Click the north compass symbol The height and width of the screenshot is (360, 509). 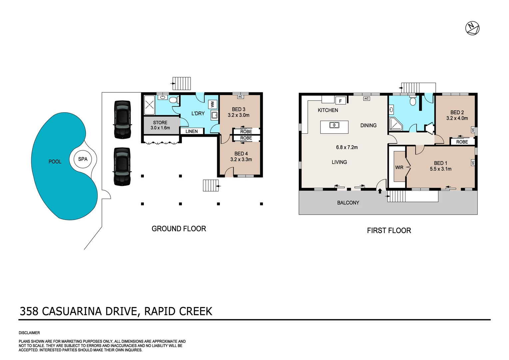[472, 28]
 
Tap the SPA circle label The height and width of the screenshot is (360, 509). [83, 159]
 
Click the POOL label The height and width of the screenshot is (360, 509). [55, 162]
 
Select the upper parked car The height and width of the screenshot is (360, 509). [122, 119]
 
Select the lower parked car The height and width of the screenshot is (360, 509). [122, 166]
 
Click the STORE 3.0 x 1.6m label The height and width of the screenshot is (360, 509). [160, 125]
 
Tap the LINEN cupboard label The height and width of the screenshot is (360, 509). [192, 131]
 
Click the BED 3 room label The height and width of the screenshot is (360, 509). [239, 109]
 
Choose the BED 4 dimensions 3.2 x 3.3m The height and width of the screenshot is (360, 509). [241, 160]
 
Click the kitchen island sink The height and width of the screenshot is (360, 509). [334, 125]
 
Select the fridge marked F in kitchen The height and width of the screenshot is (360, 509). [340, 101]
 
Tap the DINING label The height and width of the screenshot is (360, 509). [368, 125]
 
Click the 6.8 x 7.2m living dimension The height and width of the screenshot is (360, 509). [347, 147]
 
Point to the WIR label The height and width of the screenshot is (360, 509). [399, 167]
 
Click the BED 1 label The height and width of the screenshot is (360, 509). [440, 163]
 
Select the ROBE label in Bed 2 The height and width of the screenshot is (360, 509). [462, 142]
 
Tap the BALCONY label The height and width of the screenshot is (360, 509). [348, 203]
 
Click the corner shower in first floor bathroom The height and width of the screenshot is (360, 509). [396, 124]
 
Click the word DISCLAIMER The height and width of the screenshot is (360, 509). [29, 333]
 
